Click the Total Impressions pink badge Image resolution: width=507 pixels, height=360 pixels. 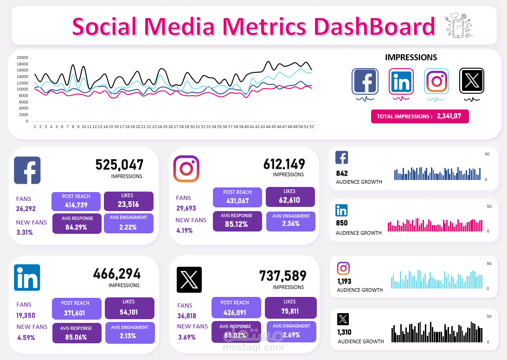pyautogui.click(x=420, y=116)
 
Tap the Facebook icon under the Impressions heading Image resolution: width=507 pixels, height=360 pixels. pyautogui.click(x=365, y=81)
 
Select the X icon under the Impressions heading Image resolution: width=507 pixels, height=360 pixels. pyautogui.click(x=472, y=81)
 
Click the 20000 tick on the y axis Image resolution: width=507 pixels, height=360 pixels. pyautogui.click(x=22, y=58)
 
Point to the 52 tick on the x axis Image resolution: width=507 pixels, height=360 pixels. pyautogui.click(x=312, y=127)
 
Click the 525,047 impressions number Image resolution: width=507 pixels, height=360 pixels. pyautogui.click(x=119, y=165)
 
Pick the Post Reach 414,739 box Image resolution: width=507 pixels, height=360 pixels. pyautogui.click(x=76, y=201)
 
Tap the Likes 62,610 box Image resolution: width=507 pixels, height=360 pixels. pyautogui.click(x=290, y=197)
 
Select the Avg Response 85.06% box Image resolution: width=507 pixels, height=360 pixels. pyautogui.click(x=77, y=333)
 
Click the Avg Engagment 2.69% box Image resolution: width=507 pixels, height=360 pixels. pyautogui.click(x=291, y=332)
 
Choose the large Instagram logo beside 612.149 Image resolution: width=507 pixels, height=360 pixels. pyautogui.click(x=186, y=169)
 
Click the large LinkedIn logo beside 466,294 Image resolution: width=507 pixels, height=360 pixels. pyautogui.click(x=27, y=277)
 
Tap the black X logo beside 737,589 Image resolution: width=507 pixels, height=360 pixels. pyautogui.click(x=189, y=280)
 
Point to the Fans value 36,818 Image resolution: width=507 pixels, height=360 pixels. pyautogui.click(x=187, y=316)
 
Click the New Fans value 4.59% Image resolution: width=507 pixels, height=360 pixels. pyautogui.click(x=26, y=338)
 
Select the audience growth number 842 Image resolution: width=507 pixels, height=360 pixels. pyautogui.click(x=342, y=174)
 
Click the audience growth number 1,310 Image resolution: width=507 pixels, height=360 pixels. pyautogui.click(x=344, y=332)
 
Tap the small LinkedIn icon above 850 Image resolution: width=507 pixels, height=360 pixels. pyautogui.click(x=341, y=210)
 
